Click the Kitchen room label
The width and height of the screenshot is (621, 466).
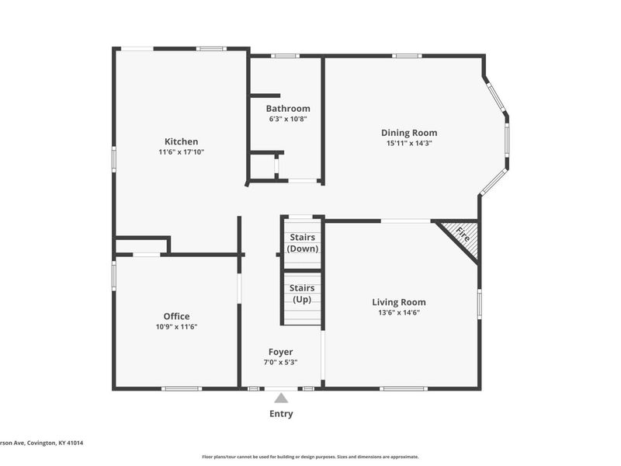(x=181, y=141)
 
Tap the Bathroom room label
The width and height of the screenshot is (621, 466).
(x=288, y=109)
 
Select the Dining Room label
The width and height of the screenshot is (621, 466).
(x=409, y=133)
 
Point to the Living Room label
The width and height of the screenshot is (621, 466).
(x=399, y=302)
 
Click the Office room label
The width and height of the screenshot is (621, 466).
(x=176, y=316)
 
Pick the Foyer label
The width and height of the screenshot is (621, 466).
(x=281, y=352)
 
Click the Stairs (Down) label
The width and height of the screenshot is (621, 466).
(x=303, y=243)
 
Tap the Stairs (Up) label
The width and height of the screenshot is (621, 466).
(x=302, y=294)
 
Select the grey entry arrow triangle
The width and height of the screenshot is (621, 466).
(x=281, y=398)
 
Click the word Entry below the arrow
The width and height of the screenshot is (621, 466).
(x=281, y=414)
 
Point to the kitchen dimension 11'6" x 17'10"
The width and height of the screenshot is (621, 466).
(x=182, y=152)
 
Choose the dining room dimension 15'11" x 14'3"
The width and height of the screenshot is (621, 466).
(x=409, y=144)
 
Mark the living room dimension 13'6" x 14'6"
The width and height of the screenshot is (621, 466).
(x=399, y=313)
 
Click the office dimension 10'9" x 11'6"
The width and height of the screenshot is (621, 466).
(x=177, y=327)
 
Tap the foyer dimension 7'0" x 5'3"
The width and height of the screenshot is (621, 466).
(x=281, y=362)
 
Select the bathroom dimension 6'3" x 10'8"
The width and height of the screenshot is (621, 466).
(x=288, y=119)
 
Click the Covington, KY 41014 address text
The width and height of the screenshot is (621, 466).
(x=55, y=443)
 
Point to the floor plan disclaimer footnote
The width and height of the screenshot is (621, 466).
(x=310, y=457)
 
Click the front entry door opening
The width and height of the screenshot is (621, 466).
(x=281, y=389)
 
